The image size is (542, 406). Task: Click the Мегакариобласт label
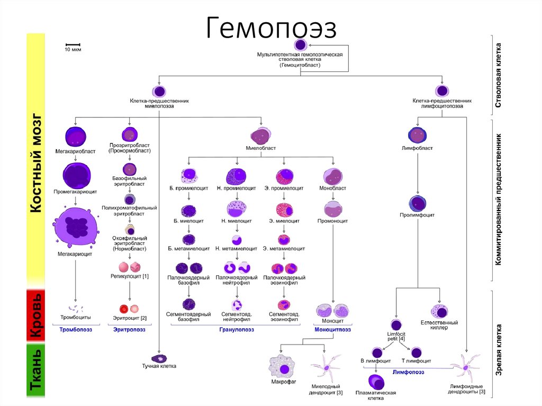[x=75, y=151]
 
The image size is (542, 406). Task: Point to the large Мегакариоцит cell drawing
[x=76, y=227]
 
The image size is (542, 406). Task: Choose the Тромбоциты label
[x=76, y=317]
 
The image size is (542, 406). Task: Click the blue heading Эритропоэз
[x=129, y=329]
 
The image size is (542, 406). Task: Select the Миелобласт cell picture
[x=260, y=136]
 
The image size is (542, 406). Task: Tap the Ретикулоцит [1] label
[x=130, y=276]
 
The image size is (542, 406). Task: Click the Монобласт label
[x=333, y=188]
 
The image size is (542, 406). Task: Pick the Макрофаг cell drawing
[x=284, y=367]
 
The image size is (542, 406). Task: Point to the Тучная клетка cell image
[x=159, y=358]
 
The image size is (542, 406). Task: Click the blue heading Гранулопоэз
[x=237, y=329]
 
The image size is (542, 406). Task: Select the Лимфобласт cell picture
[x=418, y=136]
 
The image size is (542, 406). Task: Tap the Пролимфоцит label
[x=418, y=215]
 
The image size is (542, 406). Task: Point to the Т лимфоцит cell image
[x=417, y=353]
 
